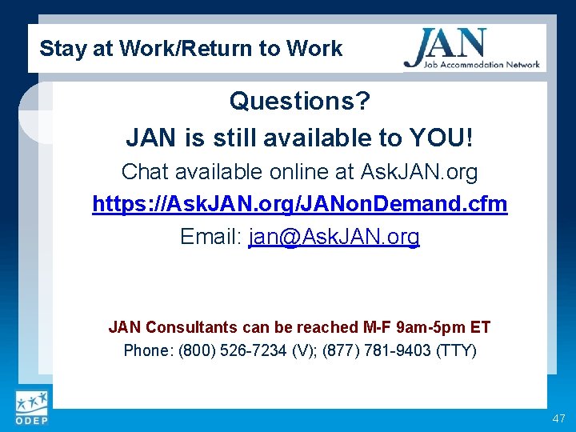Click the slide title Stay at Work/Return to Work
190,49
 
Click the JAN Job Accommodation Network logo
471,49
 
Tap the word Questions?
299,102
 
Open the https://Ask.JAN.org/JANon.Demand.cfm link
299,204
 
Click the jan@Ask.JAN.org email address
334,237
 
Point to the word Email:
211,237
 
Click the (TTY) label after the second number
457,350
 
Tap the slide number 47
558,419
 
